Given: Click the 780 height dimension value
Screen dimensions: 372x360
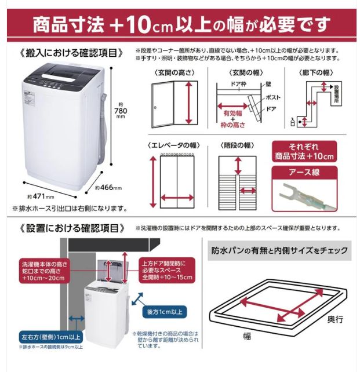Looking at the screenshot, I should pyautogui.click(x=120, y=111).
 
